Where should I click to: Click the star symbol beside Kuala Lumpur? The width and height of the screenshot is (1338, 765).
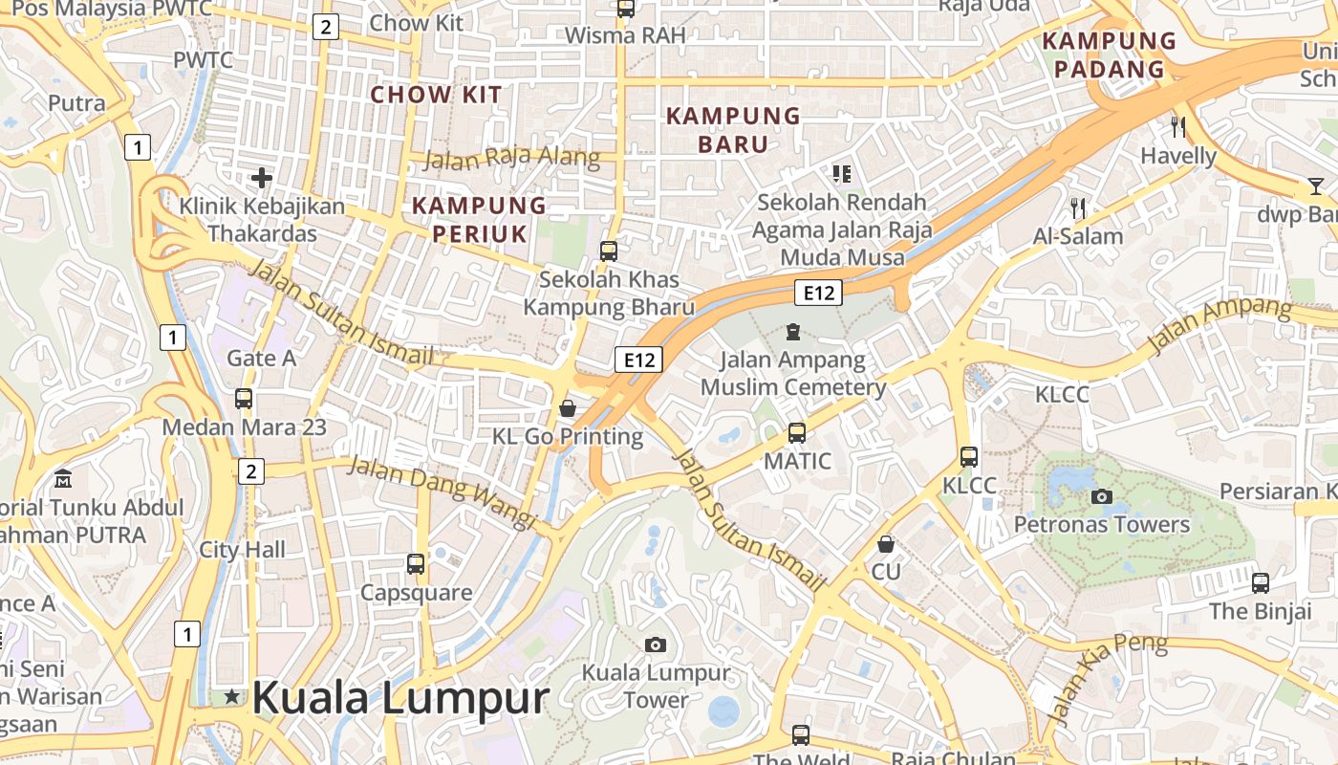click(x=231, y=697)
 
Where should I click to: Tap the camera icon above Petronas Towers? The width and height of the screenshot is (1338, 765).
click(x=1101, y=496)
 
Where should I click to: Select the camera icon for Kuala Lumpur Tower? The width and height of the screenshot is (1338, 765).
click(x=655, y=645)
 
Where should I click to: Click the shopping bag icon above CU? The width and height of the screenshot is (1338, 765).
click(x=886, y=544)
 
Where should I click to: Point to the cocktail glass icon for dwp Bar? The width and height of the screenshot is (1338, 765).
click(x=1317, y=186)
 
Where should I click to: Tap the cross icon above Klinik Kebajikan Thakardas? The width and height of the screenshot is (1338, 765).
click(x=262, y=177)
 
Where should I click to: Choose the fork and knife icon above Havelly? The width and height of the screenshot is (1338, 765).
click(x=1178, y=126)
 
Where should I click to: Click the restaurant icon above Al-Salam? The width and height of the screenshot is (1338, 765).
click(x=1078, y=208)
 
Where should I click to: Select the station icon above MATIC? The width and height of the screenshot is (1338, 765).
click(x=796, y=432)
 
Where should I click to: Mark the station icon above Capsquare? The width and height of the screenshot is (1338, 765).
click(x=416, y=563)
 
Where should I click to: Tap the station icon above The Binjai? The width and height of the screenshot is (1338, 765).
click(x=1261, y=581)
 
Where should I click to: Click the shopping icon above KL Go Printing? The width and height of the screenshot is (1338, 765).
click(x=568, y=408)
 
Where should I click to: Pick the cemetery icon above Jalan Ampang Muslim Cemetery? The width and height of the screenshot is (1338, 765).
click(x=792, y=332)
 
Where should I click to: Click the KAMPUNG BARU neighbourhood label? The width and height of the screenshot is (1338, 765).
click(x=733, y=130)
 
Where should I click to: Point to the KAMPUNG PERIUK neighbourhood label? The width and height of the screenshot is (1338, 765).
click(x=480, y=220)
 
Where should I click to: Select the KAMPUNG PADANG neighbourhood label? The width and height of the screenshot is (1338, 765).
click(x=1109, y=55)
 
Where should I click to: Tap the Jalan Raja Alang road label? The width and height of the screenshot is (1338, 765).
click(x=511, y=158)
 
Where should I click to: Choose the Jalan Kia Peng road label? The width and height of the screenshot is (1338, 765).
click(x=1108, y=676)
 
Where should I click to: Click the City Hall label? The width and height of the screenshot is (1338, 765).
click(x=242, y=550)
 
